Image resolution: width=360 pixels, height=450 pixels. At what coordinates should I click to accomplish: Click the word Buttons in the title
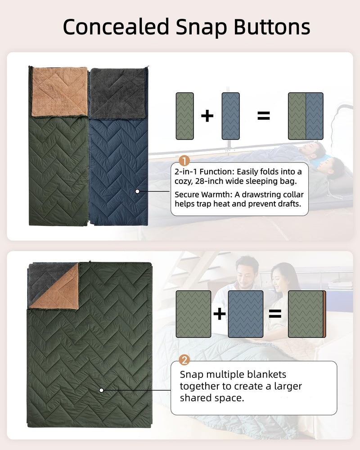pos(272,27)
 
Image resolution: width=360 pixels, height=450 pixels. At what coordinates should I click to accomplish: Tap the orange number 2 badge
pos(184,360)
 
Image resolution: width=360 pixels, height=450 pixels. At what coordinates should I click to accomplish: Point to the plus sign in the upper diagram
pos(207,116)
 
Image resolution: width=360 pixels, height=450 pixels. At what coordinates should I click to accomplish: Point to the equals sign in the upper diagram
pos(263,116)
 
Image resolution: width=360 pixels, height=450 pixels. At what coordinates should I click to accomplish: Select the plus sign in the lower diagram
pos(219,314)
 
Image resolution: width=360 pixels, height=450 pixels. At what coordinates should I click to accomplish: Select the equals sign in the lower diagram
pos(275,314)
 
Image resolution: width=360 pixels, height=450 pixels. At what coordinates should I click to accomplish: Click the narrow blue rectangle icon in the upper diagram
pos(231,116)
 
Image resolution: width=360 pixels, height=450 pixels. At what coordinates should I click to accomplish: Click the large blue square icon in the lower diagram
pos(246,314)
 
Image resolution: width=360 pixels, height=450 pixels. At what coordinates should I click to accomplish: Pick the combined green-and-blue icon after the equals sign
pos(306,116)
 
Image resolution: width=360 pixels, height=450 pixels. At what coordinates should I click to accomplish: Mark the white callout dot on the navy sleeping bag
pos(137,191)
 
